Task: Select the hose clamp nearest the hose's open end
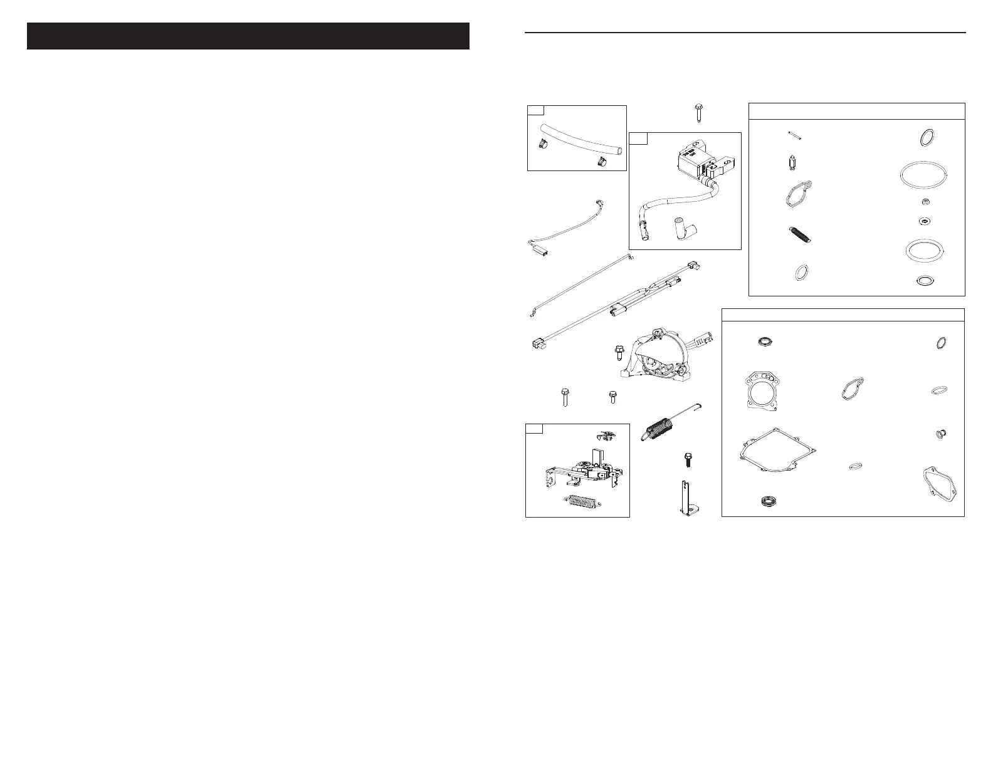(163, 162)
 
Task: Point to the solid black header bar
(248, 36)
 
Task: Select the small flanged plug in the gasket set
(940, 434)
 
